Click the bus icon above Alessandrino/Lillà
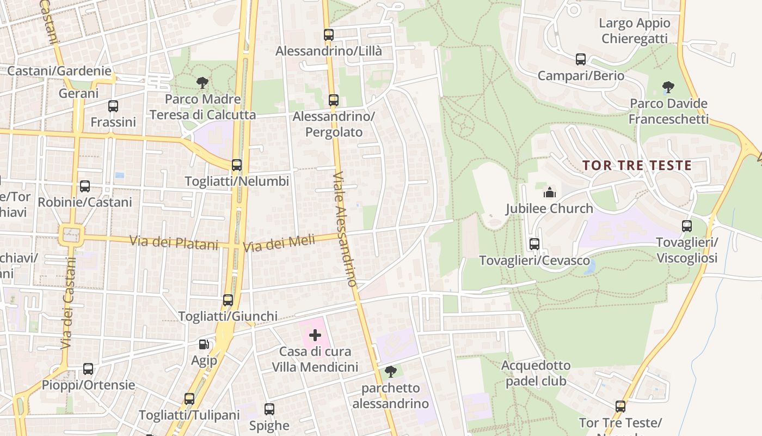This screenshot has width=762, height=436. tap(329, 35)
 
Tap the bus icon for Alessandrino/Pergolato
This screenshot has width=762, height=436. tap(334, 100)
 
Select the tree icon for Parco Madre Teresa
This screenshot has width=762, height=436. tap(202, 83)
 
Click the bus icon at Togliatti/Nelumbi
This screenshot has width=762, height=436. tap(237, 165)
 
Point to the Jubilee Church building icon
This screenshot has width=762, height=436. tap(549, 192)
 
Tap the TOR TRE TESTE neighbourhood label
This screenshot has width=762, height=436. tap(637, 165)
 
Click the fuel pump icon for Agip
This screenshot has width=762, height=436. tap(204, 344)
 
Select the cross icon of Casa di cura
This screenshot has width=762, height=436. tap(315, 335)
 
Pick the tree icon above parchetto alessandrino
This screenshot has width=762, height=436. tap(390, 372)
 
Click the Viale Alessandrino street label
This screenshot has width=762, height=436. tap(345, 229)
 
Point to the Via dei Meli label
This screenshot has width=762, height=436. tap(279, 243)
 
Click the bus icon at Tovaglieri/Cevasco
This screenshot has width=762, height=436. tap(534, 244)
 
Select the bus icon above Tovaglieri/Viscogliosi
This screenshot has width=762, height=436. tap(687, 226)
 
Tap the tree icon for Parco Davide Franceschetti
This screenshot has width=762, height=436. tap(668, 87)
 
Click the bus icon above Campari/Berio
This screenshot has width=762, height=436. tap(581, 59)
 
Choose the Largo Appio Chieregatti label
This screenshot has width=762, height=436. tap(635, 31)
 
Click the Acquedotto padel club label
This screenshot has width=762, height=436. tap(536, 373)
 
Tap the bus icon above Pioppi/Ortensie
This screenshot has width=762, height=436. tap(88, 369)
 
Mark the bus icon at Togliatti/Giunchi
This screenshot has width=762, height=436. tap(228, 300)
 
